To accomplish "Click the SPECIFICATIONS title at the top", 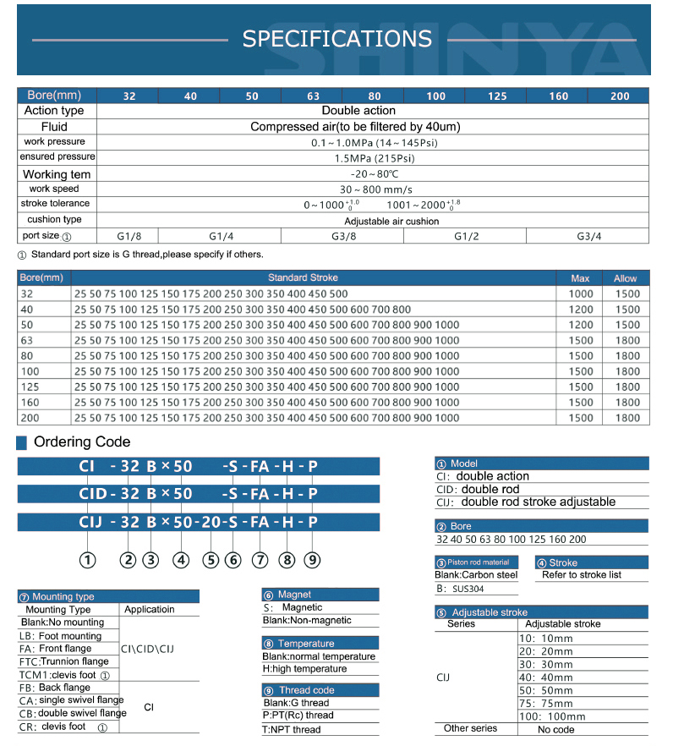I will coord(336,39).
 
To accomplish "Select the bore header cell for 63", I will coord(313,96).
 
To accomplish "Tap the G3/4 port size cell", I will coord(588,236).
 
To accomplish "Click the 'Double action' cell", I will coord(358,111).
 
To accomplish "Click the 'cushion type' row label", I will coord(54,220).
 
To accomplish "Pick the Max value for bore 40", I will coord(581,310).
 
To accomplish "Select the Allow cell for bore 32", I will coord(626,293).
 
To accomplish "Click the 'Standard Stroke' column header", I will coord(303,278).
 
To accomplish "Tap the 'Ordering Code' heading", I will coord(82,442).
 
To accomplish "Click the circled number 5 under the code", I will coord(211,559).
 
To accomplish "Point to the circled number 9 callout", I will coord(312,559).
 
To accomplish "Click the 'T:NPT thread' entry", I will coord(292,730).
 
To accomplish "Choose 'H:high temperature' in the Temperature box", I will coord(304,669).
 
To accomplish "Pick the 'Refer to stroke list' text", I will coord(582,575).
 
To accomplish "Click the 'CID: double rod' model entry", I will coord(479,489).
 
